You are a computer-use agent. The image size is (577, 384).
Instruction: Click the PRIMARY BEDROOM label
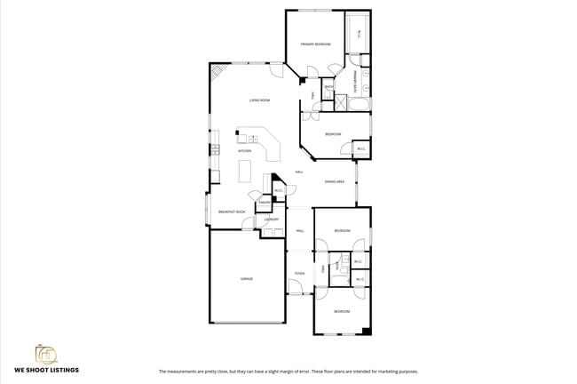[x=315, y=44]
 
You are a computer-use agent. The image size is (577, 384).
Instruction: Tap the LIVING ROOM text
[x=259, y=100]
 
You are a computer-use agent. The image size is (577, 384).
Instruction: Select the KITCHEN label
[x=244, y=151]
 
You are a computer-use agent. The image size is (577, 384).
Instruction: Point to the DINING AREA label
[x=335, y=181]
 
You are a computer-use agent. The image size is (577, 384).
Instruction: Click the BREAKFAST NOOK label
[x=232, y=212]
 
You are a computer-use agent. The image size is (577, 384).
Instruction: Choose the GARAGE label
[x=247, y=278]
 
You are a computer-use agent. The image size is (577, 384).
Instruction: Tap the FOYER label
[x=300, y=273]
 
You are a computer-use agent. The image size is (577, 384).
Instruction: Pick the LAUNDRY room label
[x=272, y=219]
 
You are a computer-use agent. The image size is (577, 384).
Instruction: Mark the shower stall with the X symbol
[x=340, y=101]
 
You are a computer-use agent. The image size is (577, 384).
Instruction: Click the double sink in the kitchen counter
[x=253, y=139]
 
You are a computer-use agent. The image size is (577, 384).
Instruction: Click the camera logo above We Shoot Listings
[x=46, y=354]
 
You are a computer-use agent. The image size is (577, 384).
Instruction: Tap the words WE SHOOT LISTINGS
[x=46, y=369]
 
